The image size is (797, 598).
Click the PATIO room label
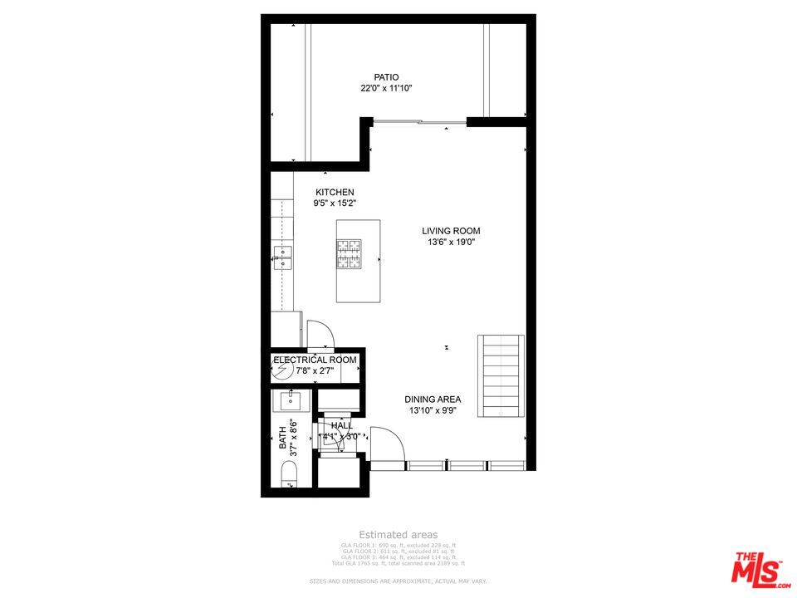click(386, 77)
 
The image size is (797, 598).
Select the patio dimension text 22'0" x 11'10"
click(386, 88)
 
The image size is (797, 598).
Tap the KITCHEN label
click(335, 193)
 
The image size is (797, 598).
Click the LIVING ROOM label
click(451, 232)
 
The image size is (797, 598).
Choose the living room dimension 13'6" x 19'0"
click(451, 243)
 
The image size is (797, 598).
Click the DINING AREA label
click(433, 399)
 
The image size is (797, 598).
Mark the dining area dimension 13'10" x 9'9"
click(433, 410)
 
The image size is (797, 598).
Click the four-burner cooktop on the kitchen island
click(349, 252)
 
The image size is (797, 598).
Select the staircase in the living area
click(501, 375)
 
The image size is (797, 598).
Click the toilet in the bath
click(288, 475)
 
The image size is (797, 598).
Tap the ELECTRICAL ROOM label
click(315, 360)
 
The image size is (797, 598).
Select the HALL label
click(341, 426)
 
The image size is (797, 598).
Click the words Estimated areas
click(398, 535)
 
